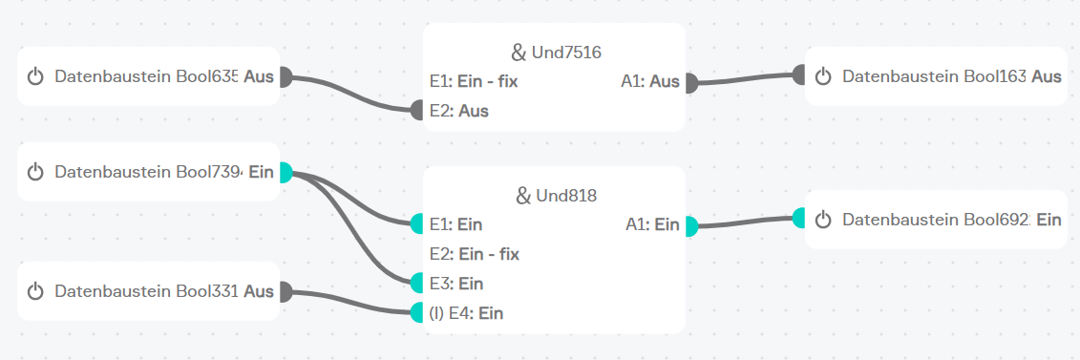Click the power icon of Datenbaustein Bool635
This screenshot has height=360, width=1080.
click(35, 76)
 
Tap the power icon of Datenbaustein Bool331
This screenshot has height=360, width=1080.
click(35, 291)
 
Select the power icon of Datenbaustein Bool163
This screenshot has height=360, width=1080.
click(823, 76)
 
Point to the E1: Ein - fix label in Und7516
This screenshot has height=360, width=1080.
click(474, 82)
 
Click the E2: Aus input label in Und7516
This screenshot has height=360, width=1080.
click(459, 111)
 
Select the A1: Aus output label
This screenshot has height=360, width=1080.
click(650, 82)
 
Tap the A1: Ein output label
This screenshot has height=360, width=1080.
click(653, 224)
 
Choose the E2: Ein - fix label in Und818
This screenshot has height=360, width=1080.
click(475, 255)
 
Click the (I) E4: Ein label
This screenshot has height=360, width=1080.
click(466, 314)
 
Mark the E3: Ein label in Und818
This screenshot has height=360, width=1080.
click(456, 284)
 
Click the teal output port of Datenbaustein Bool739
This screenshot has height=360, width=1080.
click(286, 172)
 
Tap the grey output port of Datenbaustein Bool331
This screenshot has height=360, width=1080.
click(286, 292)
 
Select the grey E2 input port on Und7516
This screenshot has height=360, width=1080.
click(416, 110)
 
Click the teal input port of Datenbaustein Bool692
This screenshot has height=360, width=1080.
click(799, 219)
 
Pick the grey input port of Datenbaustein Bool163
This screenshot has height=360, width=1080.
click(799, 74)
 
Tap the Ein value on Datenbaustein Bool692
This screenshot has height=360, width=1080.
click(1049, 220)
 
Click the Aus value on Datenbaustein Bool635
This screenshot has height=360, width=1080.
click(259, 76)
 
